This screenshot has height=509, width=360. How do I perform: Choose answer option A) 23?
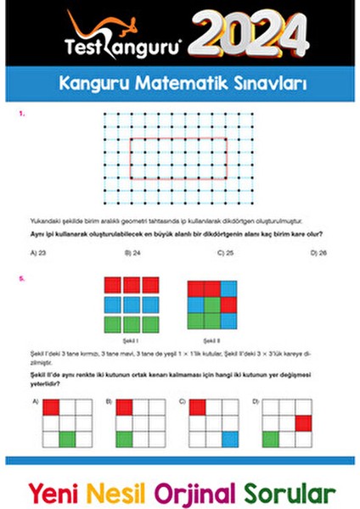coord(37,252)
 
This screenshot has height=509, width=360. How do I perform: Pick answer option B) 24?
coord(132,252)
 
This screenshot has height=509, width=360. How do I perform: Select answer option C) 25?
coord(225,252)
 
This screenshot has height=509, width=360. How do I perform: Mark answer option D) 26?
coord(318,252)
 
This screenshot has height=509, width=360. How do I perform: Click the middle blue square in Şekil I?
coord(131,304)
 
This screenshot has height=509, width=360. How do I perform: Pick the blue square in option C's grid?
coord(230,439)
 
